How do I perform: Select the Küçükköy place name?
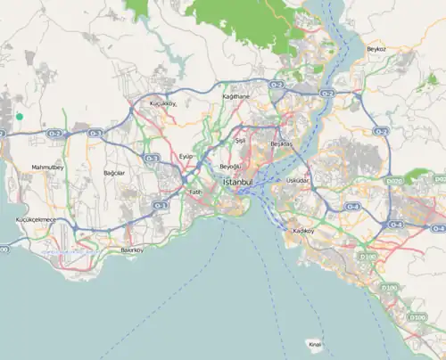coord(164,103)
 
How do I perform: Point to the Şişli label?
coord(239,141)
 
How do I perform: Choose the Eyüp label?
coord(186,155)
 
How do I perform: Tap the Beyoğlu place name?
coord(231,167)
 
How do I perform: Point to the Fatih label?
coord(196,192)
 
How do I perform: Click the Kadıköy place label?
coord(304,231)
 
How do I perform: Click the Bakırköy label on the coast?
coord(132,250)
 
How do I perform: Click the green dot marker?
coord(19,116)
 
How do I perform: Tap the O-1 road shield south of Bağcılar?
coord(160,205)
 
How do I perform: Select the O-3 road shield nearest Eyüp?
coord(152,159)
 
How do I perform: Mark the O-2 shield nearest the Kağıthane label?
coord(277,84)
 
